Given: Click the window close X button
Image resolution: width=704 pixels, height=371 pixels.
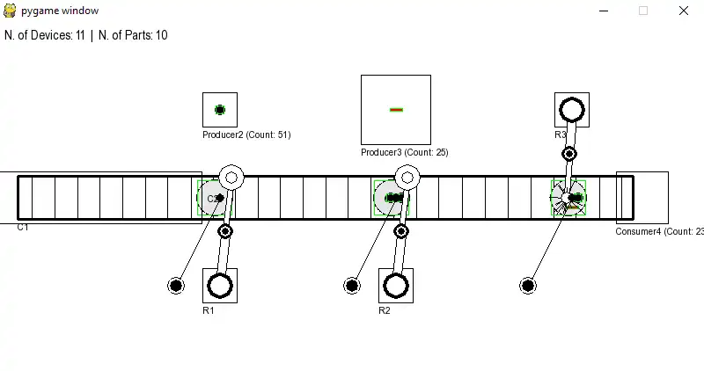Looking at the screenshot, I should (x=684, y=11).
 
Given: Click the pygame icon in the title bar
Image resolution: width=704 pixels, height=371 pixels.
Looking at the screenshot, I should (x=11, y=11).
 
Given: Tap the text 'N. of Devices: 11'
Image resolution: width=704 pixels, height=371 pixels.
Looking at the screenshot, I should (x=45, y=35).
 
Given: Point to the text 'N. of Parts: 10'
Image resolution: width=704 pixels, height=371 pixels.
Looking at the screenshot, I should (x=133, y=35).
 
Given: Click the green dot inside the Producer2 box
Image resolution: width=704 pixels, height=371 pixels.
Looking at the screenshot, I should (x=220, y=110).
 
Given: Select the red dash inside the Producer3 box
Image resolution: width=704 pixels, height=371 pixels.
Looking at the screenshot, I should (x=396, y=110).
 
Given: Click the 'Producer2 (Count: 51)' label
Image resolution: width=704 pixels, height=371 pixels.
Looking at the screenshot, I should (x=246, y=135).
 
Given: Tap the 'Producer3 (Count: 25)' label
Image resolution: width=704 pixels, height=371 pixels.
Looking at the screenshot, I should (x=404, y=153).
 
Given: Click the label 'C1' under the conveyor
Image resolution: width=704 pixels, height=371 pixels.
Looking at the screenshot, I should (x=23, y=228).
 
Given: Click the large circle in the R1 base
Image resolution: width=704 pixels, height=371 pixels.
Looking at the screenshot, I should (x=220, y=286).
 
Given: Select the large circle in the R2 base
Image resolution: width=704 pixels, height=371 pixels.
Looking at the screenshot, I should (x=396, y=286).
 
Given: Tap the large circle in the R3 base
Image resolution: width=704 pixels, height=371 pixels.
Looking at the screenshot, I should (x=572, y=110).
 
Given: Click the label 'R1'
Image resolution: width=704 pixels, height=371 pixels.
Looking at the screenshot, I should (x=209, y=310).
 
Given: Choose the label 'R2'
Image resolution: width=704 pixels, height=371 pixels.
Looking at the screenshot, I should (x=385, y=310).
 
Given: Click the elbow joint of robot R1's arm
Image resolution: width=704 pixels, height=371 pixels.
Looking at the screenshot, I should (x=225, y=231).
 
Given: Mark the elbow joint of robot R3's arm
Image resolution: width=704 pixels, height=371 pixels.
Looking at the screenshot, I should (x=569, y=154).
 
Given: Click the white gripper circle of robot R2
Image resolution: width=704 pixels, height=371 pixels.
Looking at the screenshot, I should (x=407, y=178).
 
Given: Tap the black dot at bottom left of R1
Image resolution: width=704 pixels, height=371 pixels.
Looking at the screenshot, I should (x=176, y=286).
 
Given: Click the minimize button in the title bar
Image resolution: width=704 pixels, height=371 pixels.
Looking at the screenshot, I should (x=604, y=11).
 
